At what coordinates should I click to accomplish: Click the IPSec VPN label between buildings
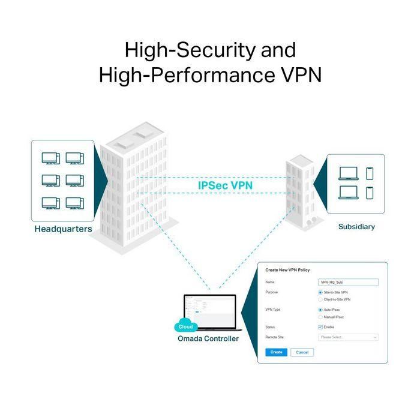pyautogui.click(x=225, y=185)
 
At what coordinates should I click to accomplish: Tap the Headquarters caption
pyautogui.click(x=63, y=229)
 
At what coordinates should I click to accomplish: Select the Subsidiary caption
pyautogui.click(x=356, y=226)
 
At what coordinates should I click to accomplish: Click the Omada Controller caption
pyautogui.click(x=208, y=338)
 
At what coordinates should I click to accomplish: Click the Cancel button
pyautogui.click(x=302, y=352)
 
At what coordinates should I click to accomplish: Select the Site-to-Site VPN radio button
pyautogui.click(x=320, y=292)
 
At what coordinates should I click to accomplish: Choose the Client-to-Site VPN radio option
pyautogui.click(x=320, y=299)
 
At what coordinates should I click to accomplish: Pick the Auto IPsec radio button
pyautogui.click(x=320, y=310)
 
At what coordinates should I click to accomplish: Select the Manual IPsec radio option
pyautogui.click(x=320, y=317)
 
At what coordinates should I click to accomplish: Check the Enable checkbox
pyautogui.click(x=320, y=327)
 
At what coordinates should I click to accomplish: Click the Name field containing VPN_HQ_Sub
pyautogui.click(x=348, y=282)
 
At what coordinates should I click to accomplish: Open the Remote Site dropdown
pyautogui.click(x=348, y=337)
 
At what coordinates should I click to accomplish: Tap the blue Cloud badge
pyautogui.click(x=185, y=328)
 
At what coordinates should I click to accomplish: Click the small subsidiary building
pyautogui.click(x=300, y=192)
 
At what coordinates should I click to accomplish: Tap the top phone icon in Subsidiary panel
pyautogui.click(x=370, y=173)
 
